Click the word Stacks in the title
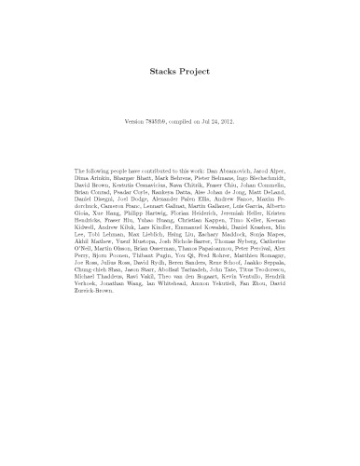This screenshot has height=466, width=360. (x=162, y=69)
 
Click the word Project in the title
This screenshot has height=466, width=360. (x=194, y=69)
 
